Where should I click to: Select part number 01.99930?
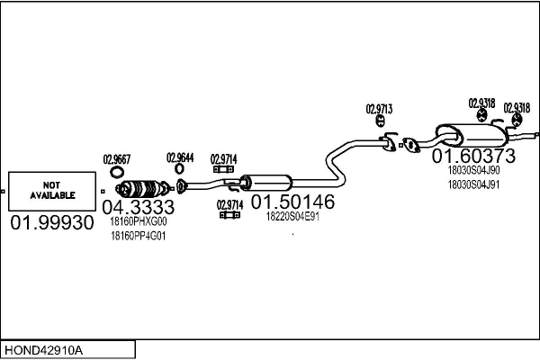pyautogui.click(x=52, y=222)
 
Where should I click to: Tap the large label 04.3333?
pyautogui.click(x=139, y=207)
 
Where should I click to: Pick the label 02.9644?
pyautogui.click(x=180, y=157)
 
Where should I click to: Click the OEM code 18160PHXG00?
pyautogui.click(x=139, y=221)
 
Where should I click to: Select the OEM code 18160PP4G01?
pyautogui.click(x=138, y=236)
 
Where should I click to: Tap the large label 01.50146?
pyautogui.click(x=292, y=202)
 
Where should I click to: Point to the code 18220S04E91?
pyautogui.click(x=292, y=216)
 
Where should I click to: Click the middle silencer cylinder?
pyautogui.click(x=265, y=183)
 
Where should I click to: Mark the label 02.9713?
pyautogui.click(x=379, y=109)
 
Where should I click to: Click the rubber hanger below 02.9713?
pyautogui.click(x=380, y=121)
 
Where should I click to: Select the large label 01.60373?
pyautogui.click(x=473, y=156)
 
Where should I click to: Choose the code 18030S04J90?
pyautogui.click(x=473, y=170)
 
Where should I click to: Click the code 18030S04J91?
pyautogui.click(x=473, y=184)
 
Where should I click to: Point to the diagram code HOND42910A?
pyautogui.click(x=43, y=351)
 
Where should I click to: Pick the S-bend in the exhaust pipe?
pyautogui.click(x=336, y=162)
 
